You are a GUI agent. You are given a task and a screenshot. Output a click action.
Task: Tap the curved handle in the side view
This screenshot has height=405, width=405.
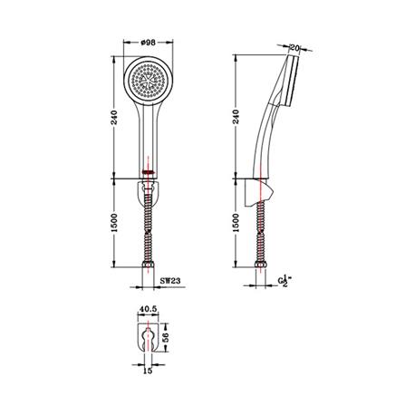click(268, 136)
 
